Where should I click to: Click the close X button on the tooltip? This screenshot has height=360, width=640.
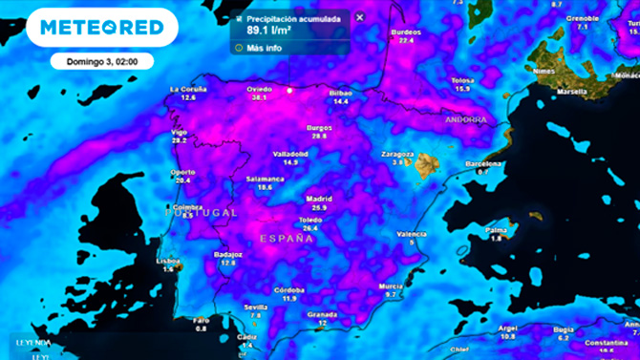359,17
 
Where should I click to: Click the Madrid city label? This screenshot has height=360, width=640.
319,199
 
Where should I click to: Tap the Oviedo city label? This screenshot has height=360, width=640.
259,89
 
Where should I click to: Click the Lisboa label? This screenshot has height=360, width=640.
168,260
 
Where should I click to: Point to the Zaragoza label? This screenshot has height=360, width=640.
397,154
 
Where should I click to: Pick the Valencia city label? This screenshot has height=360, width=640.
412,233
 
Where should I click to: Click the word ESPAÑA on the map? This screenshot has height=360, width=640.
288,239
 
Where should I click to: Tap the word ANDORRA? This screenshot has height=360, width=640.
465,120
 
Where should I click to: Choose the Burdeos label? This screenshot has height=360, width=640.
406,32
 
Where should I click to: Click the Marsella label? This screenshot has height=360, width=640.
572,93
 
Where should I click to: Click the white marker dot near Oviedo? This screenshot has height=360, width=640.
290,91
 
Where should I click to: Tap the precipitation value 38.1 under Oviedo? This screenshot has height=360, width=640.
259,97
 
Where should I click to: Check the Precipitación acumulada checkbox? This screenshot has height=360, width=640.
238,17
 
